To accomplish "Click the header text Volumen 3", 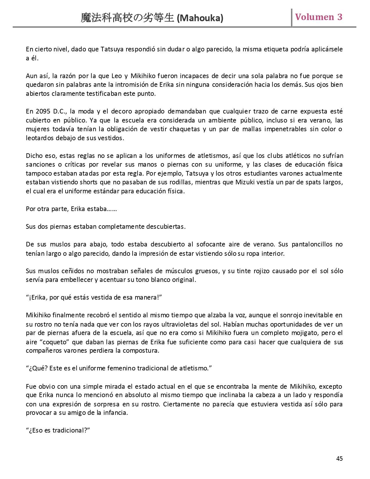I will [x=319, y=17].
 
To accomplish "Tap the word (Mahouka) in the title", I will [x=200, y=18].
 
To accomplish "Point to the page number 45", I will [x=339, y=458].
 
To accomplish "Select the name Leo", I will [x=117, y=76].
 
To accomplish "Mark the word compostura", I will [x=140, y=350].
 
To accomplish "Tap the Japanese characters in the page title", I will [x=128, y=18].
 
